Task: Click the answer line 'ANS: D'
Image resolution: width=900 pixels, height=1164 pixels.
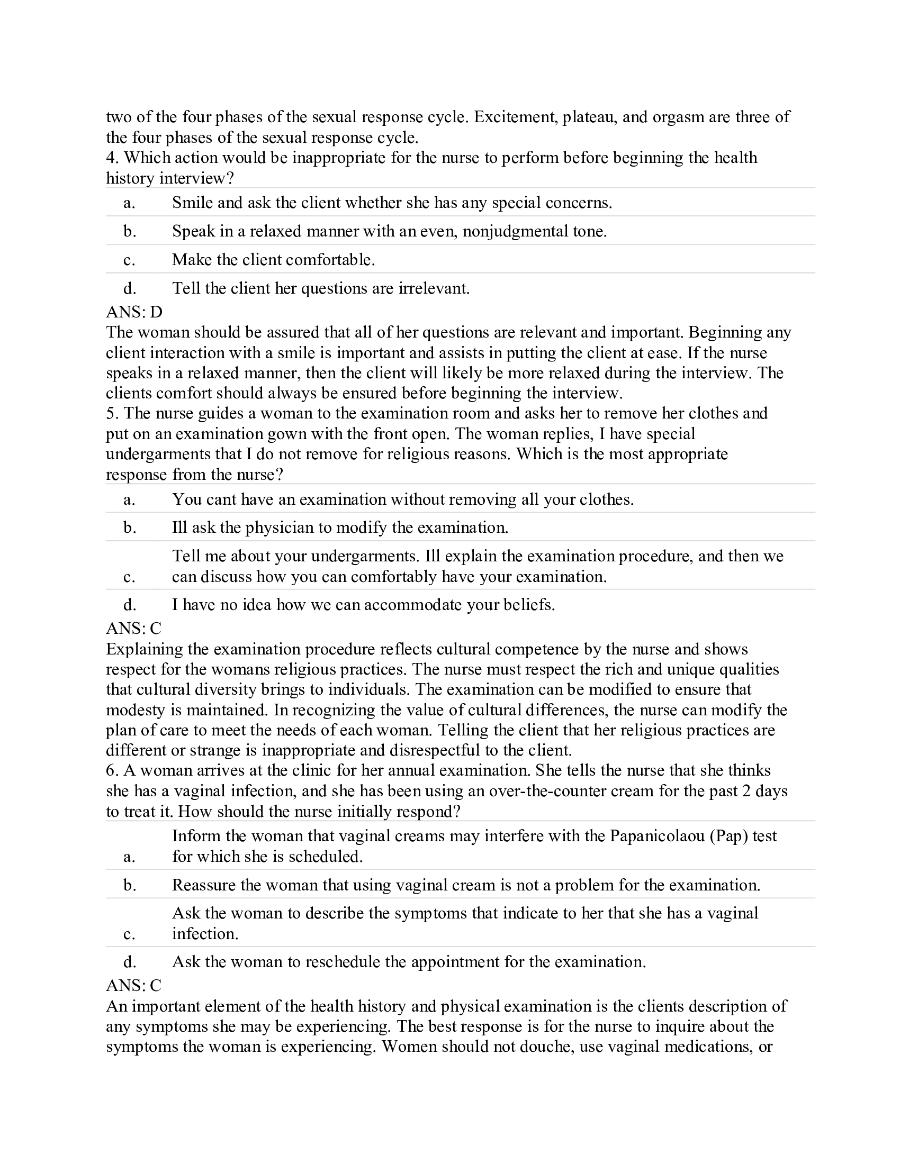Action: pos(134,311)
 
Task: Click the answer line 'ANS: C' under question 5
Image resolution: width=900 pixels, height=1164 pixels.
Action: pos(133,629)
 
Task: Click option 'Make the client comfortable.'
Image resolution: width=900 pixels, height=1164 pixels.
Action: pos(273,260)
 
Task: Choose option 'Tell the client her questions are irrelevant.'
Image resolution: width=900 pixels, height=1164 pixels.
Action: pos(320,288)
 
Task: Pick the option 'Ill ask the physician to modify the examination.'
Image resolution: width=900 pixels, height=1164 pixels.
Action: pos(340,528)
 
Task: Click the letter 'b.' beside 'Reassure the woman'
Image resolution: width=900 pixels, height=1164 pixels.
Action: pos(130,885)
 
